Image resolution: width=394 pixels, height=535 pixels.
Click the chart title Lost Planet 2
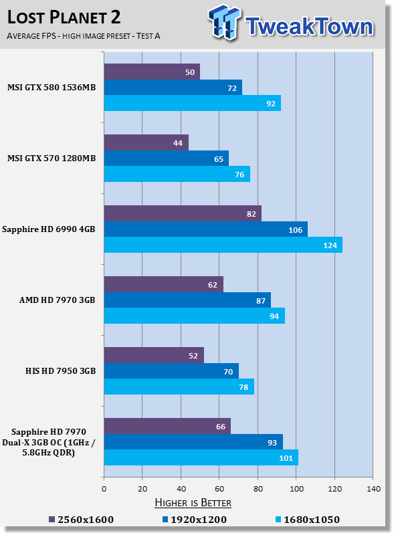click(64, 17)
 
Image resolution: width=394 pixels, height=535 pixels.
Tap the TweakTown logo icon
click(224, 22)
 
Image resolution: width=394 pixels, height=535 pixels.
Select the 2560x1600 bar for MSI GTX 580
click(152, 72)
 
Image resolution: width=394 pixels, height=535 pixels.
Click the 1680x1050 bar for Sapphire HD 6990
click(223, 245)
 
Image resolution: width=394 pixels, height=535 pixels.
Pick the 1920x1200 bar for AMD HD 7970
click(187, 300)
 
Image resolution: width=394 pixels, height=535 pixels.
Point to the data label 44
click(177, 143)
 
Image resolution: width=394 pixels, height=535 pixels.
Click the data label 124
click(330, 245)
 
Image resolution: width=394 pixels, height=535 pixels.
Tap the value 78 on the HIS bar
click(243, 387)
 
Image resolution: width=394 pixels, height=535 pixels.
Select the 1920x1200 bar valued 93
click(193, 442)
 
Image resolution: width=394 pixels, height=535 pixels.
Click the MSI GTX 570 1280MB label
click(52, 158)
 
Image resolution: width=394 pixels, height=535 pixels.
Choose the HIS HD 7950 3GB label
click(60, 371)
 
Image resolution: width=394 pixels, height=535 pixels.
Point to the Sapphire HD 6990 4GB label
click(48, 229)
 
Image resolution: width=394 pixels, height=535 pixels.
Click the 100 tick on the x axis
click(296, 489)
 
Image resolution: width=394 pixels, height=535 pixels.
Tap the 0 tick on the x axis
click(104, 489)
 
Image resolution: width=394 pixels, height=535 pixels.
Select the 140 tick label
click(373, 489)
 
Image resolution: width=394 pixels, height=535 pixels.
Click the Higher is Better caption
click(193, 503)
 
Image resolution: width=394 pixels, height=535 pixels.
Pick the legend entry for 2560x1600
click(81, 520)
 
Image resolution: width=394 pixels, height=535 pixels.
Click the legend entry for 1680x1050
click(308, 520)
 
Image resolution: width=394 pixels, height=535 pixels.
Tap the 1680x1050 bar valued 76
click(177, 174)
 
